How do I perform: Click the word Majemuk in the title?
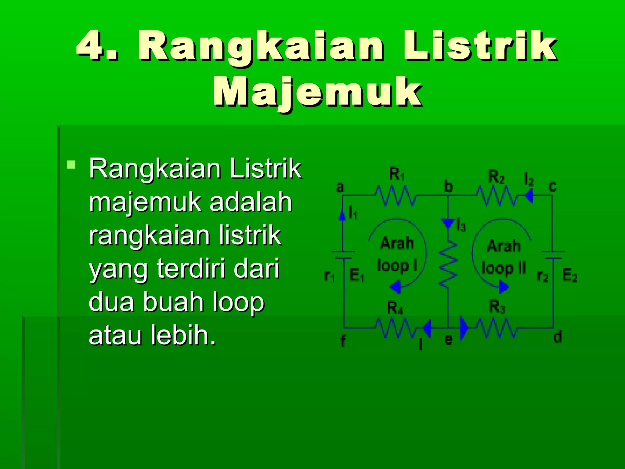[317, 92]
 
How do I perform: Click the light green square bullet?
[71, 165]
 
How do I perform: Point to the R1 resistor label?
[397, 175]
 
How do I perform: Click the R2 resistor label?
[496, 177]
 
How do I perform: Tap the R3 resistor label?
[497, 307]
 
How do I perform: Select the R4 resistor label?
[395, 308]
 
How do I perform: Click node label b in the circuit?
[448, 187]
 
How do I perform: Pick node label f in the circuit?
[343, 341]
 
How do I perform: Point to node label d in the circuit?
[557, 337]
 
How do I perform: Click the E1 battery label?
[356, 275]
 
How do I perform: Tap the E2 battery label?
[569, 275]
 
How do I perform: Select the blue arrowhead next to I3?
[448, 223]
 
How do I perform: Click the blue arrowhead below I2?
[529, 195]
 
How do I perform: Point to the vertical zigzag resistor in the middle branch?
[448, 264]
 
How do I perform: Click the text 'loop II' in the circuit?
[504, 268]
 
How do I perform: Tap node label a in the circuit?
[340, 187]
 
